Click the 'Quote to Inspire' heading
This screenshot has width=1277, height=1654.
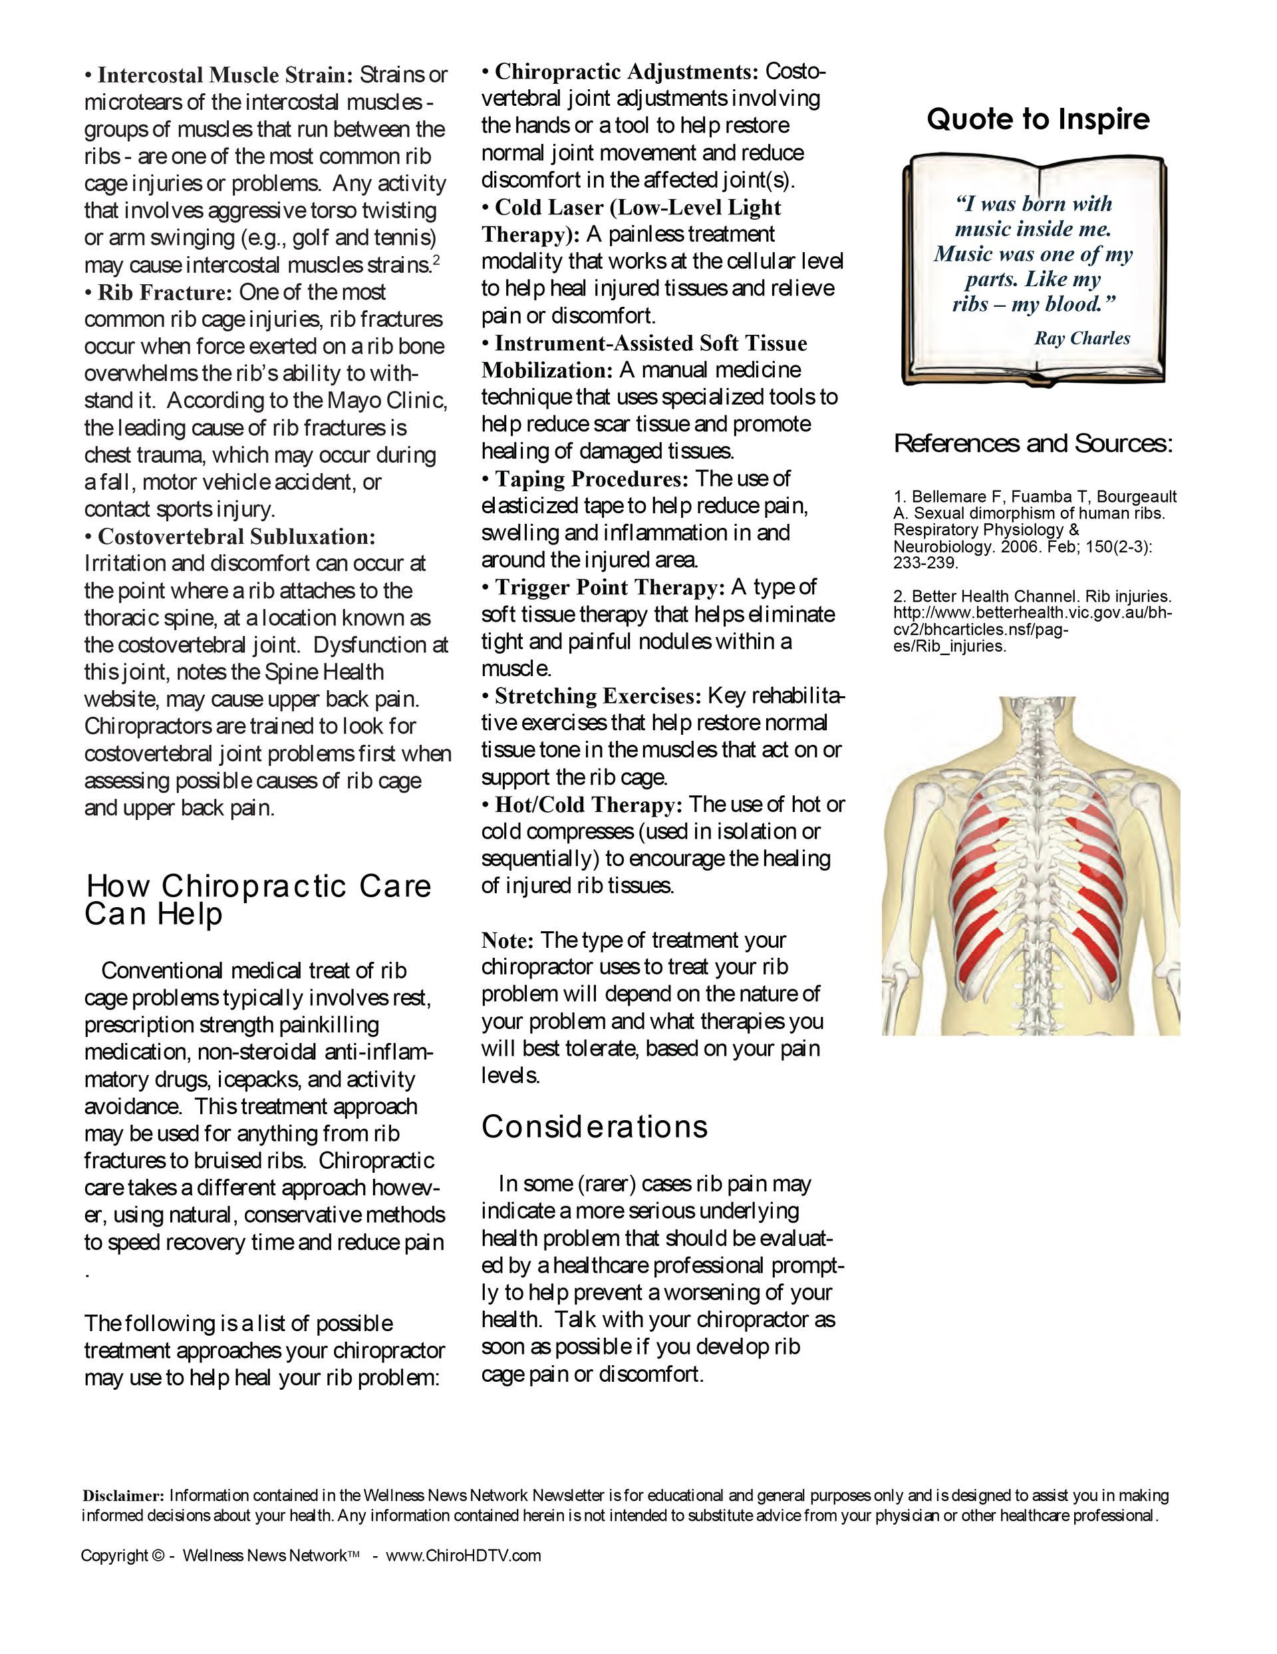point(1038,119)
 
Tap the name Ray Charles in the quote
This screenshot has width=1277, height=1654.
point(1081,339)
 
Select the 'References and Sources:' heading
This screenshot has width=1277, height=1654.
point(1034,443)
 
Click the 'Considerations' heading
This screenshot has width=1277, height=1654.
point(594,1127)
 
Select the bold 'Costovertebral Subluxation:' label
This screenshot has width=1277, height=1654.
point(236,537)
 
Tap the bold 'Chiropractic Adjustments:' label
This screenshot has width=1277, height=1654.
point(626,72)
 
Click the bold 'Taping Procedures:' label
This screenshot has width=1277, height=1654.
point(591,479)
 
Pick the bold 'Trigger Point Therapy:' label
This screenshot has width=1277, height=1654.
point(609,587)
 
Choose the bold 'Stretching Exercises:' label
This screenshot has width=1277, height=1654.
point(598,696)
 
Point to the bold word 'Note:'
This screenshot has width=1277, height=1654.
point(508,940)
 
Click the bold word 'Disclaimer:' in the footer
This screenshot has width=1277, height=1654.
point(122,1496)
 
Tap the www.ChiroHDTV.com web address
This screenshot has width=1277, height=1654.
point(464,1555)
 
